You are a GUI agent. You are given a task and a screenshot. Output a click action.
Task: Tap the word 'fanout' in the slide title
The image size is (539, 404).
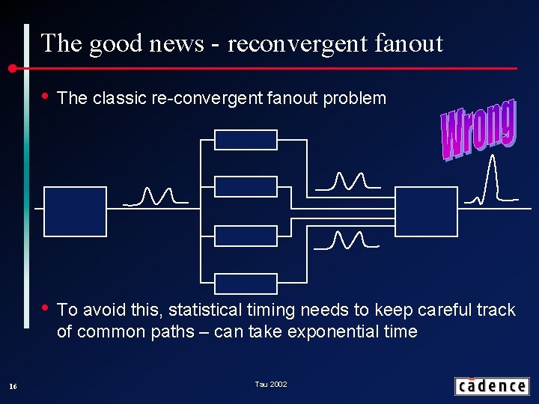(411, 43)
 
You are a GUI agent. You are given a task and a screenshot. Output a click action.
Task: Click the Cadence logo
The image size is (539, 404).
(491, 386)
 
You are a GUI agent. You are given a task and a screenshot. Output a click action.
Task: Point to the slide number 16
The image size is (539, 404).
(12, 386)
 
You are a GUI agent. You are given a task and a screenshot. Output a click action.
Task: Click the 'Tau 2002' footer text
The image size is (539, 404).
(270, 385)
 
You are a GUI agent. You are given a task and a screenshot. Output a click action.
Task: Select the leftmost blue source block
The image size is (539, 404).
(75, 212)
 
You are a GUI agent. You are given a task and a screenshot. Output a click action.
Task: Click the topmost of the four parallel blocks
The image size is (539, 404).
(246, 140)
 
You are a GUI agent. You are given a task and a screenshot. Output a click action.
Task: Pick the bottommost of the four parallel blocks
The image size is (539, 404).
(246, 284)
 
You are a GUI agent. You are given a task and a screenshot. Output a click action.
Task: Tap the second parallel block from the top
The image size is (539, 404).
(246, 186)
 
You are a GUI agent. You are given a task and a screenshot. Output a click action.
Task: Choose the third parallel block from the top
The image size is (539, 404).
(246, 236)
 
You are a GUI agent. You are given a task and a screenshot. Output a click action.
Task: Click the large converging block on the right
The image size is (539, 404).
(425, 212)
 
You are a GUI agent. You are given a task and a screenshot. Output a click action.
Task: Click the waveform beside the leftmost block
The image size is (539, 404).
(155, 197)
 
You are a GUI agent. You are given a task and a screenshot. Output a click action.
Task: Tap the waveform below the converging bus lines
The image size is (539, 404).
(347, 240)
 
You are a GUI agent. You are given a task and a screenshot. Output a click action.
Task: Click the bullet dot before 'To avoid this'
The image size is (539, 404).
(46, 307)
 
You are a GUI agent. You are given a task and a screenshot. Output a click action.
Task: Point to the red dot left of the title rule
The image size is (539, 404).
(13, 69)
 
